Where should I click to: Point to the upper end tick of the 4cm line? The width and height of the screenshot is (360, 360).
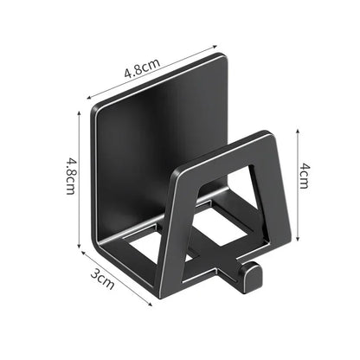coord(298,127)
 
